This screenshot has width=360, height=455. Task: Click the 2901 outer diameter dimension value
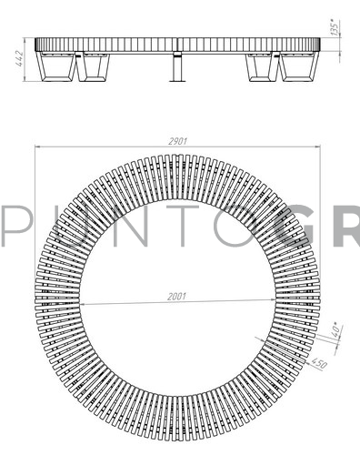[x=178, y=141]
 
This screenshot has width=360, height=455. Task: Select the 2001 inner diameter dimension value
[x=176, y=297]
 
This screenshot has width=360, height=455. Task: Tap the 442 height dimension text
[x=19, y=59]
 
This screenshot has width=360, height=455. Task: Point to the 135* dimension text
[x=335, y=27]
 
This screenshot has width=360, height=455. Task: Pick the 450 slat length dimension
[x=319, y=363]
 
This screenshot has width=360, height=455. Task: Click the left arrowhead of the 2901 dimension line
[x=38, y=147]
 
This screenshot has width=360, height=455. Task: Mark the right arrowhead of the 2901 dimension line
[x=317, y=147]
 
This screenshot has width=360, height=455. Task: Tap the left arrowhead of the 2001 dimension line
[x=84, y=304]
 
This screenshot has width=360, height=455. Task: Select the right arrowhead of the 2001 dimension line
[x=272, y=300]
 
